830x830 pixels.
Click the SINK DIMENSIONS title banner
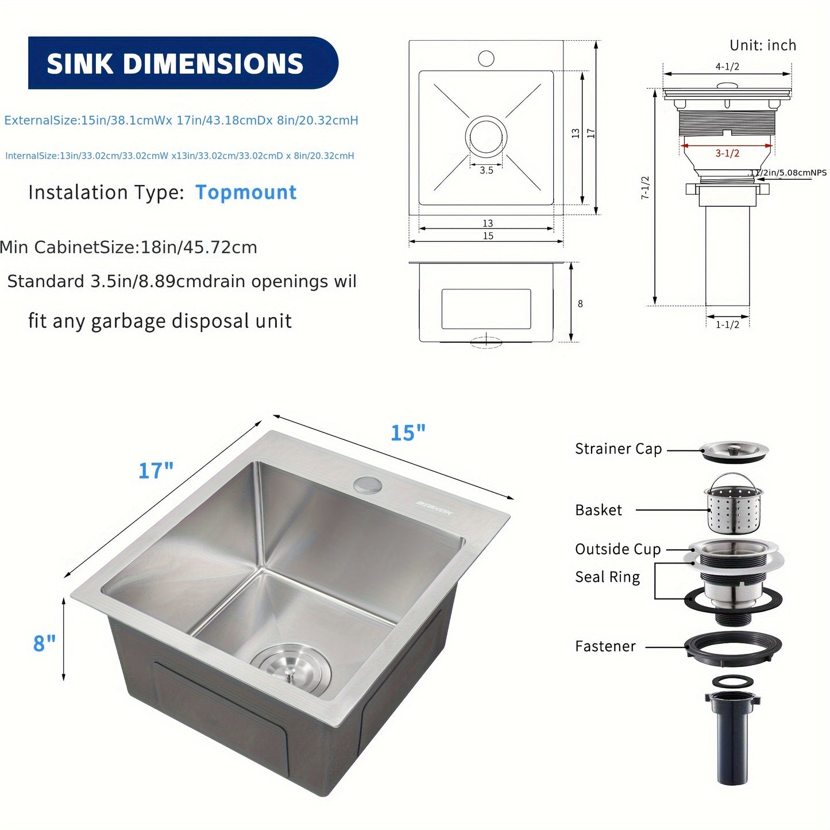(x=183, y=63)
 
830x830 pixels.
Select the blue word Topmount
(x=246, y=192)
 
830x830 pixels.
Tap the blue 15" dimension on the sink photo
(x=408, y=433)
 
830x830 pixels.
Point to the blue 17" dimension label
(x=156, y=471)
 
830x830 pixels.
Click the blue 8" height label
(x=44, y=643)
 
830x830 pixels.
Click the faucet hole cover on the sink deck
(x=368, y=485)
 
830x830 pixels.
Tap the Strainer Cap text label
(x=618, y=449)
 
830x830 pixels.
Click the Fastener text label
(x=605, y=647)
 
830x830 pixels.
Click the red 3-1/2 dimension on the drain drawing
(x=727, y=153)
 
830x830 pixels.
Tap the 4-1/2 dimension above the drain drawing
(x=727, y=67)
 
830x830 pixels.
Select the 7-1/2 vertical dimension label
(x=645, y=188)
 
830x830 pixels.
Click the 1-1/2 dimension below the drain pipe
(x=727, y=325)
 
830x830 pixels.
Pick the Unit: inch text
(x=763, y=45)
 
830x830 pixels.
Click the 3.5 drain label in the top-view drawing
(x=487, y=170)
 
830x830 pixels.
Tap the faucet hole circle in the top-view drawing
(x=486, y=58)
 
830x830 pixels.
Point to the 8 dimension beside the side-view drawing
(x=580, y=304)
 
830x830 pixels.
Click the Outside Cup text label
(x=617, y=549)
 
